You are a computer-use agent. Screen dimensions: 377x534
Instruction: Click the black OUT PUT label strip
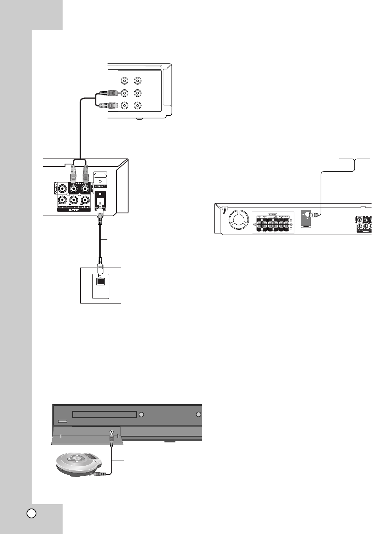74,210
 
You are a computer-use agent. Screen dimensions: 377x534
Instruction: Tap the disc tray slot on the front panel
104,414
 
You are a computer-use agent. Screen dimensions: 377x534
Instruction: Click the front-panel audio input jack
111,432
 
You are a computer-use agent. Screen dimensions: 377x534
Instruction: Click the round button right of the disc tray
142,414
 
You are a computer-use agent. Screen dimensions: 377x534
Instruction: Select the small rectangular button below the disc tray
62,422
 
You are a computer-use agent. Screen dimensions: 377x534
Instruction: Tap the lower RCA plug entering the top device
108,105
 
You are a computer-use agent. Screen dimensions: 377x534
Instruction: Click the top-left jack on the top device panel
125,81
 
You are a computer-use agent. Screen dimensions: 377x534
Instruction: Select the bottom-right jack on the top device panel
137,105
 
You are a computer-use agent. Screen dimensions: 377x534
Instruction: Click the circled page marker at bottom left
32,513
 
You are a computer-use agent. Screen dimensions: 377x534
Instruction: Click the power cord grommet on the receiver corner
225,209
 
